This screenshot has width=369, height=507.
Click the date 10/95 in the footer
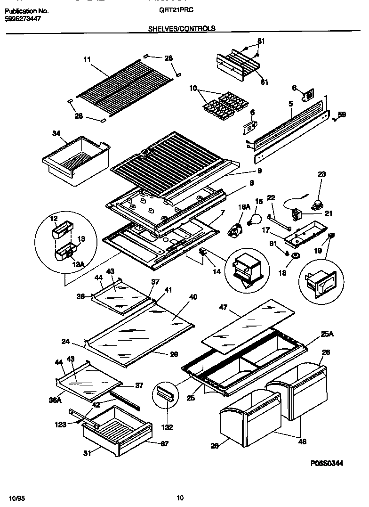coord(15,498)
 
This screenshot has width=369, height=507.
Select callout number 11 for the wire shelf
coord(87,60)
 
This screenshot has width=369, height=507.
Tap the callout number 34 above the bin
coord(56,134)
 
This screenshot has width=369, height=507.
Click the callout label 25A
coord(327,334)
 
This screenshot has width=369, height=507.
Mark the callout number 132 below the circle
coord(167,427)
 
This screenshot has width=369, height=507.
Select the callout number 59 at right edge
coord(342,114)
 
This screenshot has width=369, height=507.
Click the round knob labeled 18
coord(296,255)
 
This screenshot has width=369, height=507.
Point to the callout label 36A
coord(55,401)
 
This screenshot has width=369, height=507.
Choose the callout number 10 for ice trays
coord(193,88)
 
